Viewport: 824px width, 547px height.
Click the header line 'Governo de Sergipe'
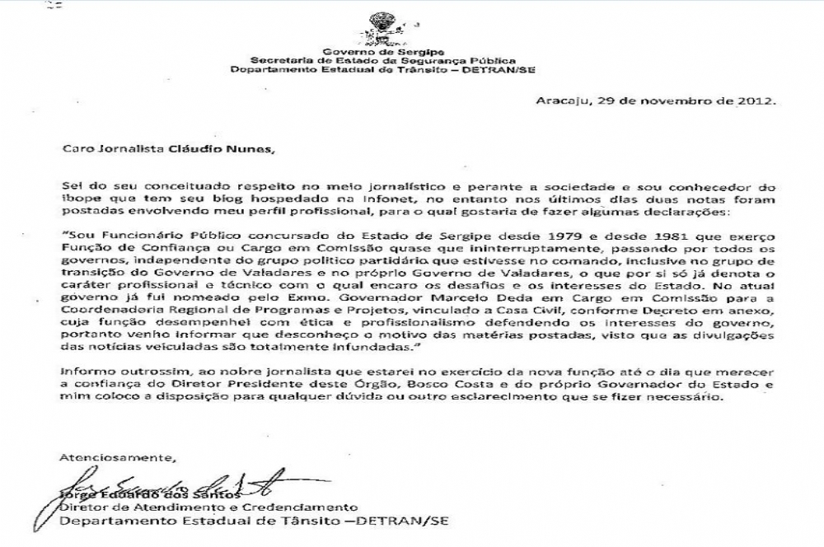coord(382,51)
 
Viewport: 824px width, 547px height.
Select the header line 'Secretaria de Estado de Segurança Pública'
coord(382,60)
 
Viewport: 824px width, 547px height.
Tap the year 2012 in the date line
coord(756,102)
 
